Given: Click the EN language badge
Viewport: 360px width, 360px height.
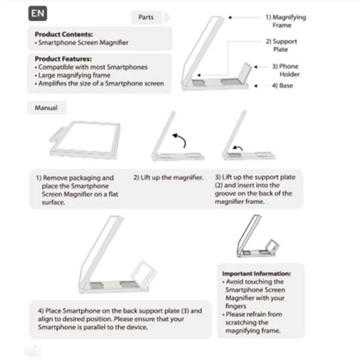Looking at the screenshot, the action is [38, 14].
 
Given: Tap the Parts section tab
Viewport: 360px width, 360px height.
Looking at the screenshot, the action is [146, 17].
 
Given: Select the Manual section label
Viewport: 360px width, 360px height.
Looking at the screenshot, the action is [46, 107].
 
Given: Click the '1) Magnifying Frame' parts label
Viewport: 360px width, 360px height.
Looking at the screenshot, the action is [286, 21].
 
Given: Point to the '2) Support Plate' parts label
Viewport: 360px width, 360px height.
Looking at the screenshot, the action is [281, 46].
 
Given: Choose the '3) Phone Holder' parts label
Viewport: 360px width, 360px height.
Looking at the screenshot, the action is [286, 70].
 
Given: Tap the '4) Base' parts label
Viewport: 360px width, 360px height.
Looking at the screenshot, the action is [283, 86].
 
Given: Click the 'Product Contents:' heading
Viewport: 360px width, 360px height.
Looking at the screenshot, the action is [64, 34].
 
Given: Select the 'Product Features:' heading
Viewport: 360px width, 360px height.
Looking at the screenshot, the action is [63, 59].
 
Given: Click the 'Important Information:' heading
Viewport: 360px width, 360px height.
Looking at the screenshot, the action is [256, 274].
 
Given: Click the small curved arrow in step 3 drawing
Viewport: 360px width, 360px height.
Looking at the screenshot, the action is [238, 148].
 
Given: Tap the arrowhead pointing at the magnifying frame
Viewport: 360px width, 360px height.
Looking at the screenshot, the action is [230, 17].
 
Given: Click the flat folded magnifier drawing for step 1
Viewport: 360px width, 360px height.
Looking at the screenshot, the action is [85, 139].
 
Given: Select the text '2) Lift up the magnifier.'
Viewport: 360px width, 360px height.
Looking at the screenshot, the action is [168, 178].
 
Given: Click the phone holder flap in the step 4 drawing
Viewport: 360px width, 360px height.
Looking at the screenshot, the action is [144, 272].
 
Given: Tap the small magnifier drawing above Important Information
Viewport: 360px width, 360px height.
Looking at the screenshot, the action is [258, 236].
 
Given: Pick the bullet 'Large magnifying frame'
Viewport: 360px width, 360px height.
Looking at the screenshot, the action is [73, 76].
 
